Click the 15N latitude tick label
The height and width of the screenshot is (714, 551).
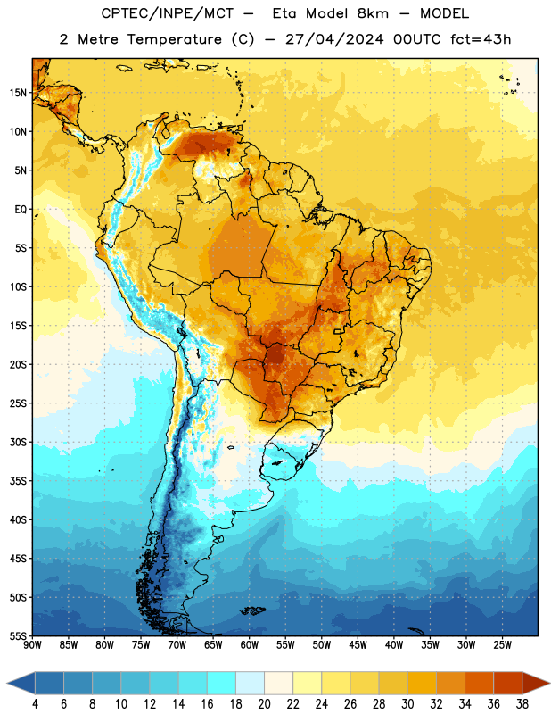(18, 93)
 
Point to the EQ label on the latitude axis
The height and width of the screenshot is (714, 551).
(21, 210)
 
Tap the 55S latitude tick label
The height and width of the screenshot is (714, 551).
(18, 636)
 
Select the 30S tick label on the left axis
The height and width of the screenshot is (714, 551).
(18, 442)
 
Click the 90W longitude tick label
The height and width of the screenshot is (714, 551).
(32, 645)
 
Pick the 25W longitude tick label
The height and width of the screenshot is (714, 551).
(502, 645)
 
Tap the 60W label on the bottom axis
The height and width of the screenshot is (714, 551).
(250, 645)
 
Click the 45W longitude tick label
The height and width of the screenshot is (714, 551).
(358, 645)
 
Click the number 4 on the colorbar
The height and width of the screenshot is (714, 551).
(35, 704)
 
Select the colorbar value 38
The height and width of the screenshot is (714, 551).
(522, 704)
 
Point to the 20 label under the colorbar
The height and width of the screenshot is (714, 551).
(264, 704)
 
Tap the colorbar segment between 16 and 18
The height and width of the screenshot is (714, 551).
(221, 683)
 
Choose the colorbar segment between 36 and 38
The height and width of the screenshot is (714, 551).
(508, 683)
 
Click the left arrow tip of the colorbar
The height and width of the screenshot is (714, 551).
(7, 683)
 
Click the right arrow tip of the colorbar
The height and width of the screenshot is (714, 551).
(549, 683)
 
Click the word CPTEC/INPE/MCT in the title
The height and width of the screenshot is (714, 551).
(167, 13)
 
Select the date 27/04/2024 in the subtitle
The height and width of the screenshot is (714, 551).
(334, 39)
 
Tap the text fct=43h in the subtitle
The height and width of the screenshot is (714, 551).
(481, 39)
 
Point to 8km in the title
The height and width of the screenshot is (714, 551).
(373, 13)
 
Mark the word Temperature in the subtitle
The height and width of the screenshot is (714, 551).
(174, 40)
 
